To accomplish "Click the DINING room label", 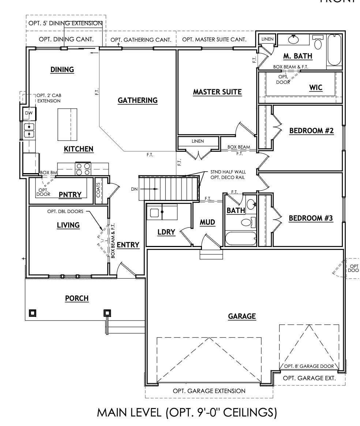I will [62, 70].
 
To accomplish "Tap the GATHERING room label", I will [138, 100].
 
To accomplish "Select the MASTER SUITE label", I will [217, 92].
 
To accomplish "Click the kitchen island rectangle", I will [67, 124].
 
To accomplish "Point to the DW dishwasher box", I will [29, 113].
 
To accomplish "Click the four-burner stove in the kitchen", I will [83, 169].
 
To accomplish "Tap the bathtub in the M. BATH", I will [334, 50].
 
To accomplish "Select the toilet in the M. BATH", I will [318, 43].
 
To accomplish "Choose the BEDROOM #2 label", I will [311, 131].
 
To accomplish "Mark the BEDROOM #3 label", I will [311, 218].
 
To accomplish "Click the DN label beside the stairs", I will [134, 189].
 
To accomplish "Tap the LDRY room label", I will [166, 232].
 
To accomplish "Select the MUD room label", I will [207, 222].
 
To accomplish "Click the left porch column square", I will [33, 313].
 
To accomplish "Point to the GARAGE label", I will [241, 316].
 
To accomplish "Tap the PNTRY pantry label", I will [70, 194].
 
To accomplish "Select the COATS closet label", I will [98, 189].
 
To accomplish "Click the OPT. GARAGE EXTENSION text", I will [209, 391].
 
